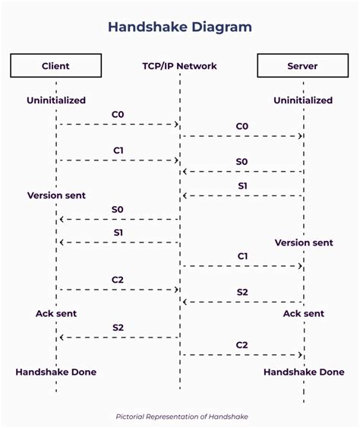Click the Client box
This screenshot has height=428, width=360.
56,65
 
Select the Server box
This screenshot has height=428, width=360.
303,65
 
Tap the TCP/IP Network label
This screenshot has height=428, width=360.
179,66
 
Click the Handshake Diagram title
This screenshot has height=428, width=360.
180,27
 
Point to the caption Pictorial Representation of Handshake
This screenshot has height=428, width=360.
182,417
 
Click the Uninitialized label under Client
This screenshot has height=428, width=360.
56,100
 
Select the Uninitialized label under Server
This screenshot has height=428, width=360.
303,100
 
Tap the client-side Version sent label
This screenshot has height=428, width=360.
56,195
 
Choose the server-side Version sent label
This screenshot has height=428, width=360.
304,243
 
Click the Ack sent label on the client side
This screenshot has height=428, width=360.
56,313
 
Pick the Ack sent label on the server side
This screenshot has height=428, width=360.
304,313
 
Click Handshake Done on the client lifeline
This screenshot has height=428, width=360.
56,372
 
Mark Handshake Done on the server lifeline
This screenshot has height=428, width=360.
304,372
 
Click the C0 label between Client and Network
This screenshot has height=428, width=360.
118,114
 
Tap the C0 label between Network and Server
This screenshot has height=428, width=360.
242,126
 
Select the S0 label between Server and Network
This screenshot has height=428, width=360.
242,162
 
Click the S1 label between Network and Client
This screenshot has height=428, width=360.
118,233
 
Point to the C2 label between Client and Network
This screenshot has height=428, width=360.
118,280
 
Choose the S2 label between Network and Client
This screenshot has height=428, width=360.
118,328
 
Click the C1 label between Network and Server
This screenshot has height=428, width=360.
242,256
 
